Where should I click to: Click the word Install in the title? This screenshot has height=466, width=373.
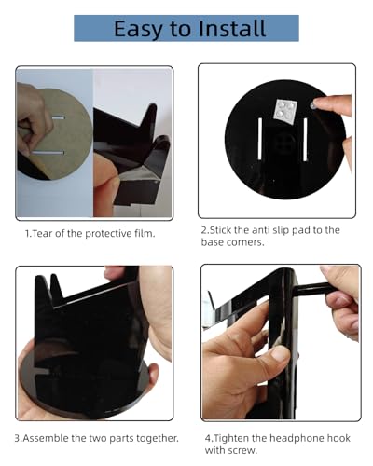tap(232, 29)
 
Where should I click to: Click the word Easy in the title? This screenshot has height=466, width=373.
tap(138, 30)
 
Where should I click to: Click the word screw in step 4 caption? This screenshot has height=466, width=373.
tap(242, 450)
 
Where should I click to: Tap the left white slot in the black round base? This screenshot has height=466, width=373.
tap(260, 139)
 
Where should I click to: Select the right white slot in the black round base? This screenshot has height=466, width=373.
tap(305, 140)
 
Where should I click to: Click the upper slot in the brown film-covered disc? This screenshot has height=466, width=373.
tap(58, 118)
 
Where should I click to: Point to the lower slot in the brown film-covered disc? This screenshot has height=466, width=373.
tap(48, 153)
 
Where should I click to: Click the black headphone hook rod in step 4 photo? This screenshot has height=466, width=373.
tap(311, 289)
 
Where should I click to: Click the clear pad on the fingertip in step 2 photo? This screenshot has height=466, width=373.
tap(313, 104)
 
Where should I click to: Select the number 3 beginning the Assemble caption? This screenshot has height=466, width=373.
tap(18, 439)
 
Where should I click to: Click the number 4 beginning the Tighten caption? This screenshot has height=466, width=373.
tap(208, 439)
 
